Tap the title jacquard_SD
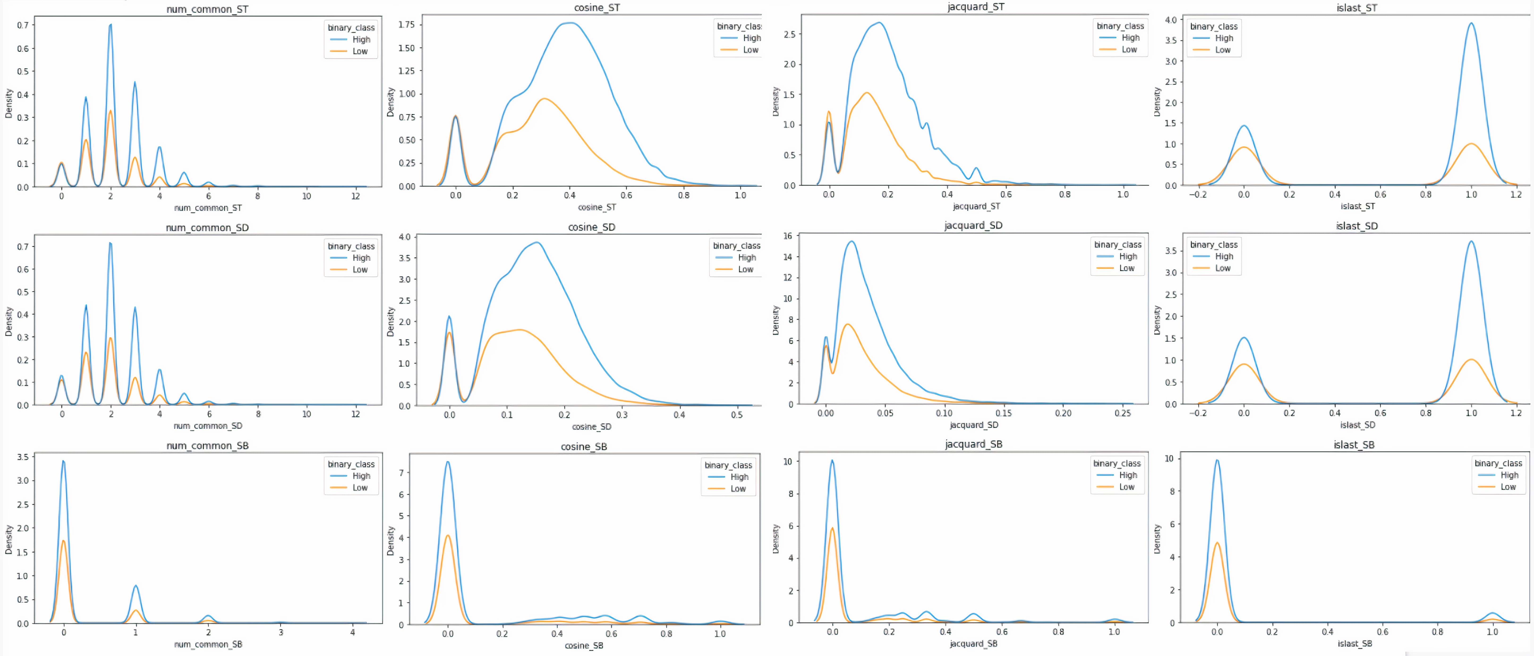click(x=973, y=225)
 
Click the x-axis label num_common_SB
click(x=208, y=644)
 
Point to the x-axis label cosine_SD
click(x=591, y=427)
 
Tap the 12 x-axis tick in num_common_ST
click(x=355, y=196)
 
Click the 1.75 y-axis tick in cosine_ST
click(x=407, y=24)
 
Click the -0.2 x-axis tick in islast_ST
click(x=1197, y=194)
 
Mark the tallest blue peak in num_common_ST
click(x=110, y=25)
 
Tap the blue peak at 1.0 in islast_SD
click(x=1471, y=241)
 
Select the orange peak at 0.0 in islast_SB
click(x=1217, y=543)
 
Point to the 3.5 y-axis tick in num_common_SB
click(x=23, y=457)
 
